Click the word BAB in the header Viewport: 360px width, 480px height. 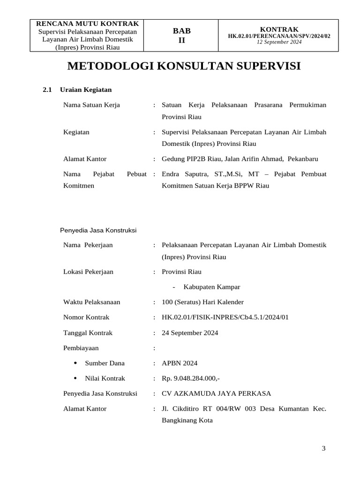[182, 31]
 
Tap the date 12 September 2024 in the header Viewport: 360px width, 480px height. [279, 42]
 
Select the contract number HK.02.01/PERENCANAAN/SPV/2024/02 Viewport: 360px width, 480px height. [279, 36]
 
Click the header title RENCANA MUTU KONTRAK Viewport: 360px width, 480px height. [84, 23]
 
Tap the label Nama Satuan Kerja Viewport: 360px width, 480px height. [91, 105]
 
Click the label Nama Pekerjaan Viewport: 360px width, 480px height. [88, 245]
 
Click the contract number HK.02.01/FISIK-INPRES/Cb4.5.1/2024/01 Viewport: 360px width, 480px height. [225, 317]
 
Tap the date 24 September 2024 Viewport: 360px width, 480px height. [190, 333]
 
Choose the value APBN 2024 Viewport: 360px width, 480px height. [180, 363]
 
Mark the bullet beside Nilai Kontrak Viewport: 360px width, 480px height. [75, 378]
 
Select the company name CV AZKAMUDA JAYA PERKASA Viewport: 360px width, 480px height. [216, 393]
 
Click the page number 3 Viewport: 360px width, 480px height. [323, 449]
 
